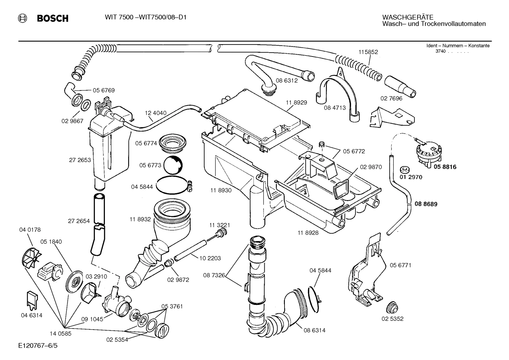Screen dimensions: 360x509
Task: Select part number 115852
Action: click(368, 52)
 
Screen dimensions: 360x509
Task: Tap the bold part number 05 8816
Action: click(445, 167)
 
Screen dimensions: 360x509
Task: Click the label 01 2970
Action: click(411, 177)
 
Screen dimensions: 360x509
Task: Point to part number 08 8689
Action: click(426, 204)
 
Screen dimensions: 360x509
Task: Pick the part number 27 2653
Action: click(80, 160)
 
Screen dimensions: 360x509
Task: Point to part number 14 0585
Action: click(60, 333)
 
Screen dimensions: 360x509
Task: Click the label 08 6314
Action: click(314, 330)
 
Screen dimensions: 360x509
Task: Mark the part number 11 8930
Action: click(221, 190)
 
